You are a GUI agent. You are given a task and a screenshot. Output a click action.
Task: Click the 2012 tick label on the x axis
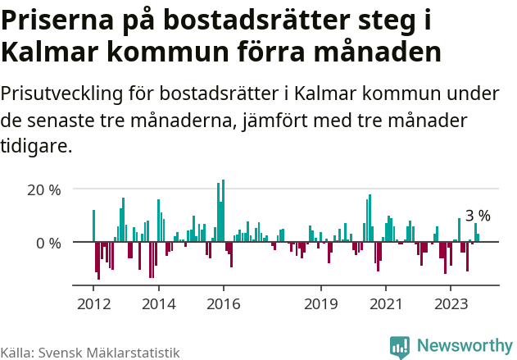[94, 303]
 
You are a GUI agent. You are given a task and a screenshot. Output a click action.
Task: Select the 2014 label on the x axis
[159, 303]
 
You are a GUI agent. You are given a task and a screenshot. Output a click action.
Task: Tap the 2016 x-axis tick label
[223, 303]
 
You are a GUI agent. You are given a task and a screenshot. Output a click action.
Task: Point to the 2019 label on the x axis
[320, 303]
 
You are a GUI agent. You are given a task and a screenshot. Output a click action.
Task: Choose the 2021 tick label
[385, 303]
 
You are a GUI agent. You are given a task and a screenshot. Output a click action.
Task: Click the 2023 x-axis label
[450, 303]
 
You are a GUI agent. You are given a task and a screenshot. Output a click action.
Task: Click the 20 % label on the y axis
[45, 189]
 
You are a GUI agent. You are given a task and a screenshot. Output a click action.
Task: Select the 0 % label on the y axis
[49, 243]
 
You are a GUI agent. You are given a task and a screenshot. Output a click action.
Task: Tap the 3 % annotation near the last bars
[478, 216]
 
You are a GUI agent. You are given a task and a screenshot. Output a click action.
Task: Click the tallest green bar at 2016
[223, 209]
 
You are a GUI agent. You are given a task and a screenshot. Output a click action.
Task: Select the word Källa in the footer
[16, 353]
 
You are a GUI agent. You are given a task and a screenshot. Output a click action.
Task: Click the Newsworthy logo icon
[400, 347]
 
